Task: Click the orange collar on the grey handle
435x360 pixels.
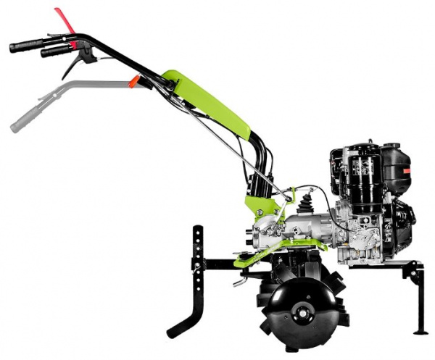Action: point(133,82)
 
